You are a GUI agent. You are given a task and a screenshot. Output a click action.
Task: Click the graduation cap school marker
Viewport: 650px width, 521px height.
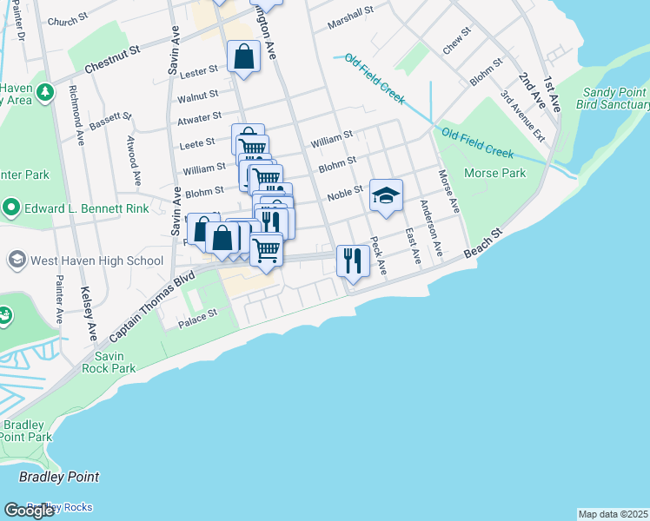click(386, 196)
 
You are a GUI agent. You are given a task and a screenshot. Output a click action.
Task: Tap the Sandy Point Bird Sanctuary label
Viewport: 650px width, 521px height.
click(614, 98)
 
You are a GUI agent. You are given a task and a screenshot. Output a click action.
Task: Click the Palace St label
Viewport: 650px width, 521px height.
click(198, 317)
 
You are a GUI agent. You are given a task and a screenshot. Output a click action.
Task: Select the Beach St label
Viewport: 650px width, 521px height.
click(483, 243)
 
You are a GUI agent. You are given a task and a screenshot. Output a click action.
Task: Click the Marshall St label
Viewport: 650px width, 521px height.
click(350, 20)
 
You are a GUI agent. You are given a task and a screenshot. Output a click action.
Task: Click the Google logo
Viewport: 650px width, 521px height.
click(29, 511)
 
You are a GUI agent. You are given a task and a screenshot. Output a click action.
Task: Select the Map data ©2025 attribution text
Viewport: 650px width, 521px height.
click(614, 514)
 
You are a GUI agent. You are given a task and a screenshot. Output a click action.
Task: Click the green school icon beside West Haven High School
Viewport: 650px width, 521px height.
click(17, 260)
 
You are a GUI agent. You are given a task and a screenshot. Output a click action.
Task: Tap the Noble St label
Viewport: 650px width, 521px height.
click(344, 195)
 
